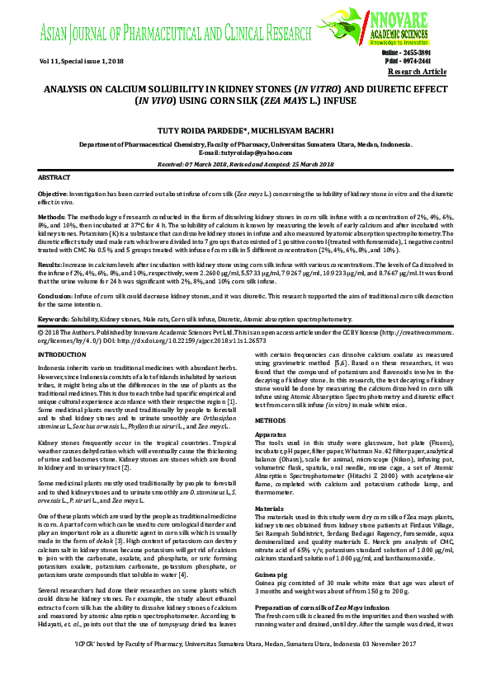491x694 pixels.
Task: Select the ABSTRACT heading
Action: click(55, 177)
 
